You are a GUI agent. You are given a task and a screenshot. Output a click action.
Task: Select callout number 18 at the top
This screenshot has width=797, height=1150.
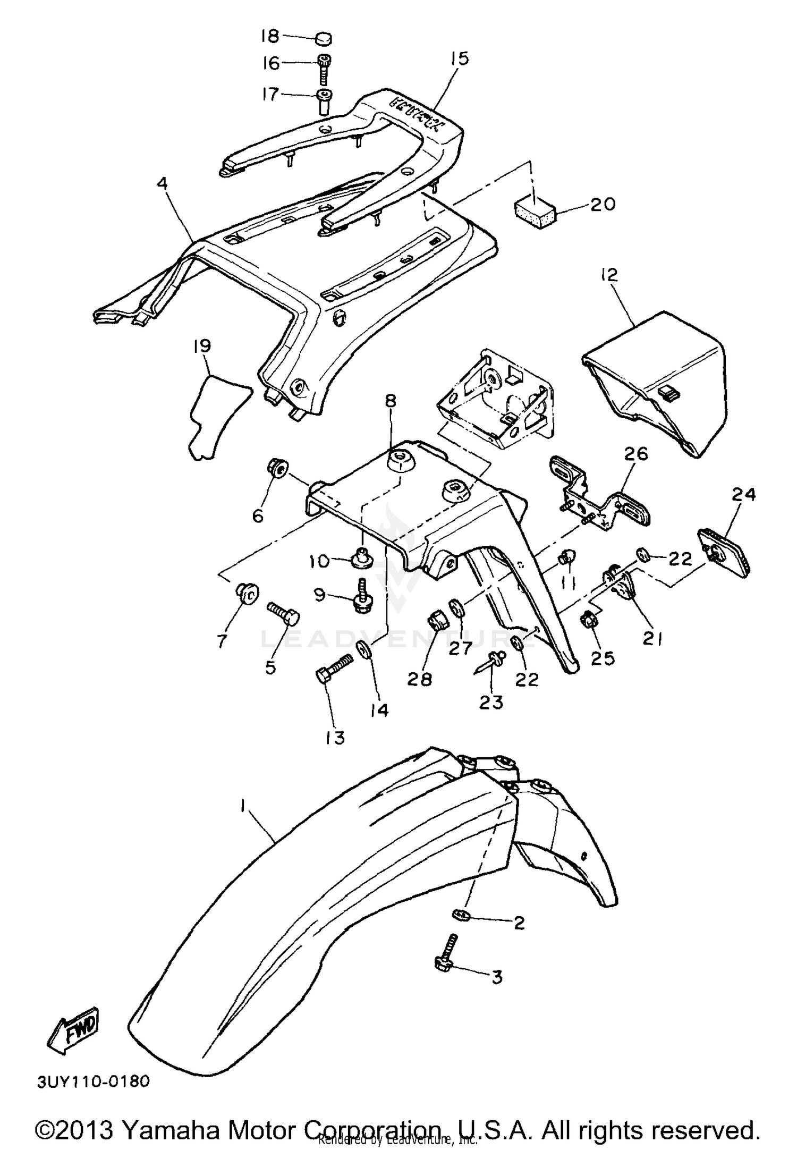269,36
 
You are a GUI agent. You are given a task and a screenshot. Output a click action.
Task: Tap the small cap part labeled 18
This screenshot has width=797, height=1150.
323,38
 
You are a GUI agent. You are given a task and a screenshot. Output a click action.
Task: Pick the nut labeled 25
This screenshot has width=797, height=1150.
590,619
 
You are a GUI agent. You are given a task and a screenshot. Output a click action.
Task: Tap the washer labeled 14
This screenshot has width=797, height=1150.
364,648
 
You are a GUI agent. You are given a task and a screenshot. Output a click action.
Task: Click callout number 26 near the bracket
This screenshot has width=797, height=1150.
636,453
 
